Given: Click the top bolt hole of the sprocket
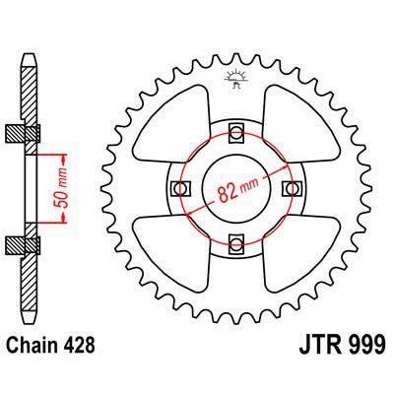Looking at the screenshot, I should [x=235, y=134].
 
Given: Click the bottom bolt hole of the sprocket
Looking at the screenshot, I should [x=235, y=241].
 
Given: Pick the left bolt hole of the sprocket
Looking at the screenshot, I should [x=181, y=187].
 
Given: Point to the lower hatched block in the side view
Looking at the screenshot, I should [x=29, y=243].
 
